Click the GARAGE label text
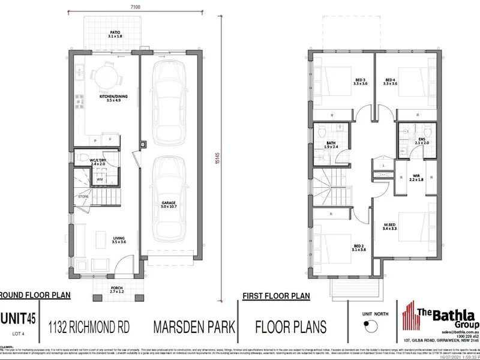pyautogui.click(x=168, y=204)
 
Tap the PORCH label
pyautogui.click(x=116, y=289)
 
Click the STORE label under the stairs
pyautogui.click(x=83, y=196)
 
